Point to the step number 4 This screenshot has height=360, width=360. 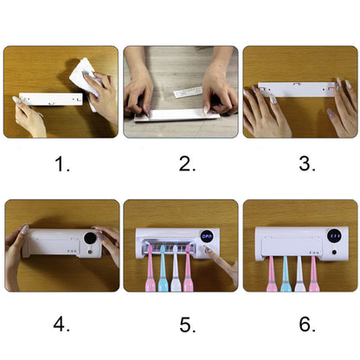tap(61, 325)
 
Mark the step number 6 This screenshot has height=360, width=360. tap(299, 325)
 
